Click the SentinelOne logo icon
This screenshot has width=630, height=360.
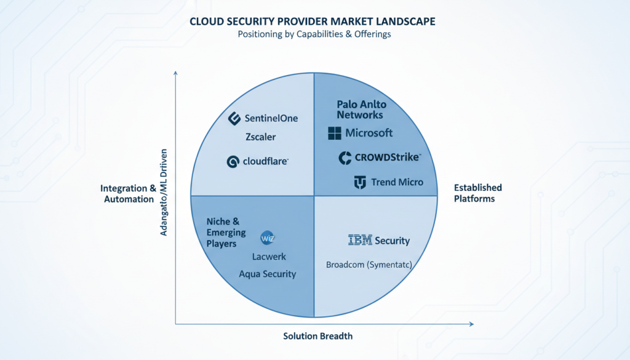tap(234, 118)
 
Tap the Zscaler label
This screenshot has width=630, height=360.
tap(260, 137)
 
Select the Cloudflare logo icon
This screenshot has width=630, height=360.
tap(233, 162)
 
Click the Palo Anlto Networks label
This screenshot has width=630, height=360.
tap(361, 110)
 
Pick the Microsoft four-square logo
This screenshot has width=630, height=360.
tap(334, 133)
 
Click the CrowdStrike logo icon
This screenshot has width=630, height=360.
tap(345, 158)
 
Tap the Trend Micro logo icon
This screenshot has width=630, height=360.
tap(360, 182)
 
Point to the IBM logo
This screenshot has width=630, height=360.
tap(360, 241)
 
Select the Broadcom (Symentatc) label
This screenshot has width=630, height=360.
tap(369, 265)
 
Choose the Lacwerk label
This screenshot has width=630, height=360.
tap(269, 257)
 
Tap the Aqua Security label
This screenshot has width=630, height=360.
tap(267, 274)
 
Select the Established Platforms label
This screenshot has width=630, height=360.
tap(477, 193)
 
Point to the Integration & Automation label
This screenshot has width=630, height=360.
tap(127, 194)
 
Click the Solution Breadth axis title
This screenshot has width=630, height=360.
tap(318, 336)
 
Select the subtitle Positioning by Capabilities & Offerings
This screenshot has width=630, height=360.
tap(314, 34)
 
